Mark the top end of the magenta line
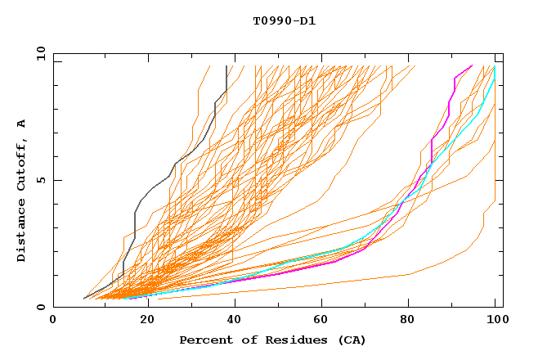pos(472,65)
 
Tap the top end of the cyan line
pos(495,66)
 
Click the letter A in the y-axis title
pos(22,123)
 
